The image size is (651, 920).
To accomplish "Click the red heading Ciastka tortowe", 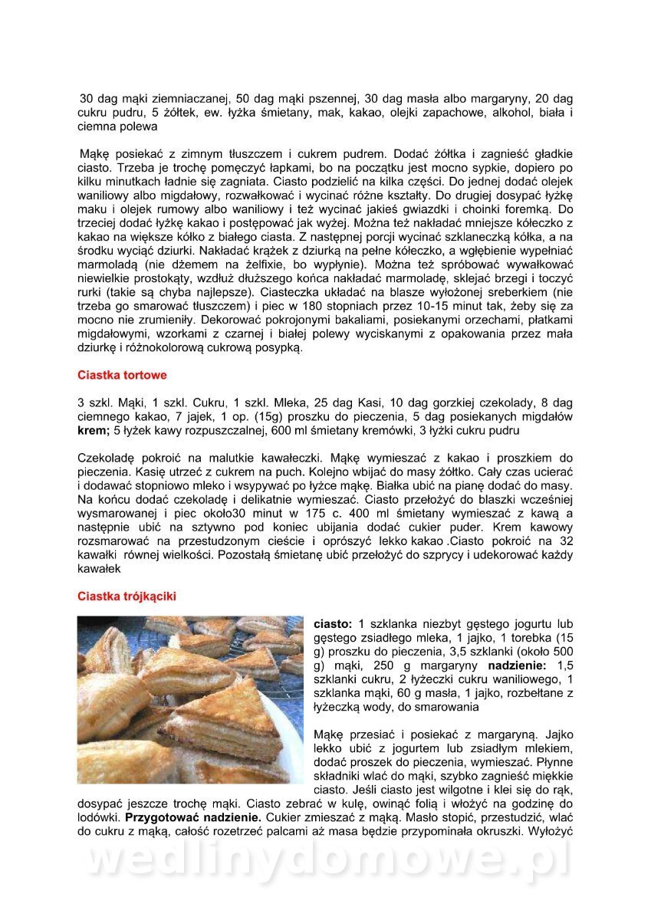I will pyautogui.click(x=122, y=376).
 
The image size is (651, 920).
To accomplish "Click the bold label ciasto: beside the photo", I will pyautogui.click(x=334, y=623).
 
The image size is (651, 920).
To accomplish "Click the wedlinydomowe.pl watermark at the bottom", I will pyautogui.click(x=326, y=860).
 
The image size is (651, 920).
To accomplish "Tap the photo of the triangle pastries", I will pyautogui.click(x=190, y=699).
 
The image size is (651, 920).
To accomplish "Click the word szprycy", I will pyautogui.click(x=390, y=554).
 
